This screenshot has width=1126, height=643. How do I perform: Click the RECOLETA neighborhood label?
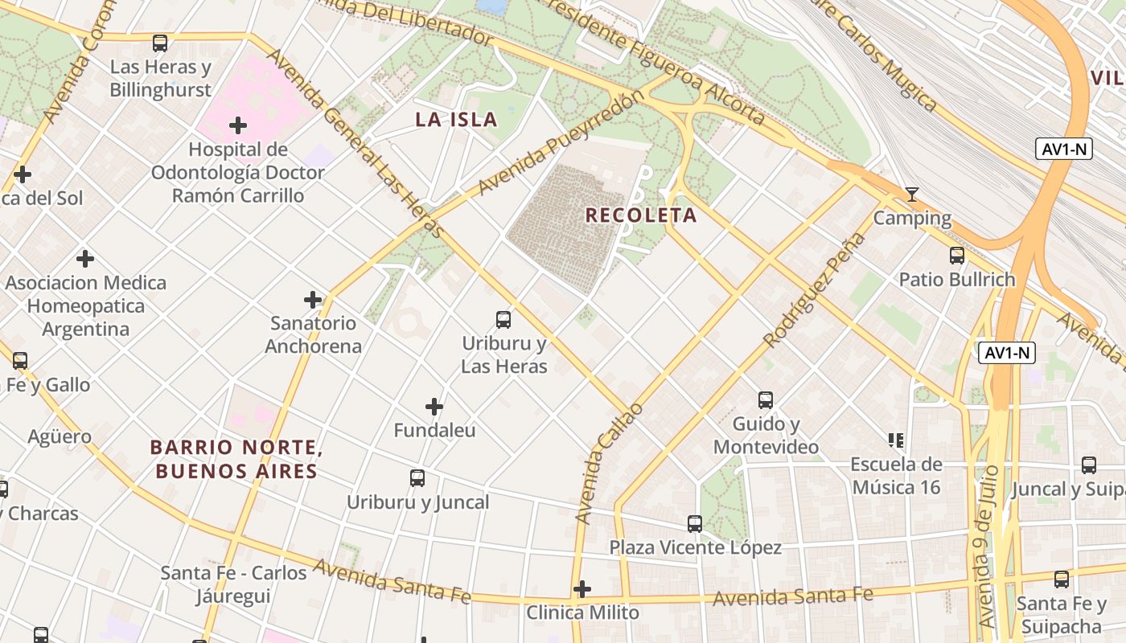pos(641,215)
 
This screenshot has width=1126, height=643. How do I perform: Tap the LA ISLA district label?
pos(456,121)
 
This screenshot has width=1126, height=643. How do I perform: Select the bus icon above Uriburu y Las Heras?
pos(503,319)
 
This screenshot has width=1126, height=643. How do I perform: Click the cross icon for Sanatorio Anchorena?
pos(313,300)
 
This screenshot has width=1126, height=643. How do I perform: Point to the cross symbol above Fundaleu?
pos(434,407)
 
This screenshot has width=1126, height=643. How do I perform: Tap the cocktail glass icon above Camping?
pos(911,195)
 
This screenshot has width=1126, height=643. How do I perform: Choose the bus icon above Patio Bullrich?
pos(957,256)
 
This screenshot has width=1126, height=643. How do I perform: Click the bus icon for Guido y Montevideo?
pos(766,399)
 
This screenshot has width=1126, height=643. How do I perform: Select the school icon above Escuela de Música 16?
pos(896,440)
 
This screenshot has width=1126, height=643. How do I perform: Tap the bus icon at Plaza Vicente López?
pos(695,524)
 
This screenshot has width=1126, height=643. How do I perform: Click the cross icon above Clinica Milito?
pos(582,589)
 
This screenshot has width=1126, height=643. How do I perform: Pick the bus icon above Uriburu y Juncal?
pos(417,478)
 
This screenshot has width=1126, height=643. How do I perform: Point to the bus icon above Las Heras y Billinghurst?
pos(160,43)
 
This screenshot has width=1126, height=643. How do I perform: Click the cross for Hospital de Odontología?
pos(238,125)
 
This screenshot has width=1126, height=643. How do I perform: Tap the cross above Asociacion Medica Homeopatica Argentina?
pos(85,259)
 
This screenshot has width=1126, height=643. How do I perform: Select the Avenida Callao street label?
pos(610,464)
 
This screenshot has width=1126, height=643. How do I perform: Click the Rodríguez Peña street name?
pos(815,290)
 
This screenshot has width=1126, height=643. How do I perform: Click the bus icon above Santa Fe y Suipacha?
pos(1062,580)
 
